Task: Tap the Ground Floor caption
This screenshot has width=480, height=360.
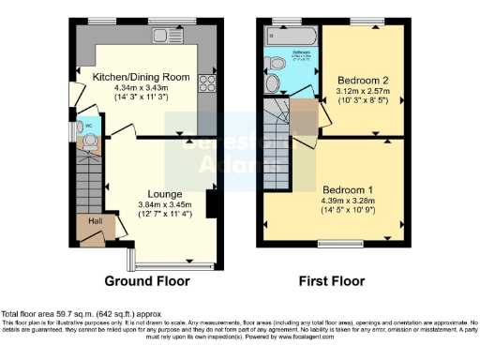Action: coord(146,280)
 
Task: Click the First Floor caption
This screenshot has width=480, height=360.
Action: coord(332,280)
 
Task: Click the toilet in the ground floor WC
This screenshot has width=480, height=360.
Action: coord(90,142)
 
